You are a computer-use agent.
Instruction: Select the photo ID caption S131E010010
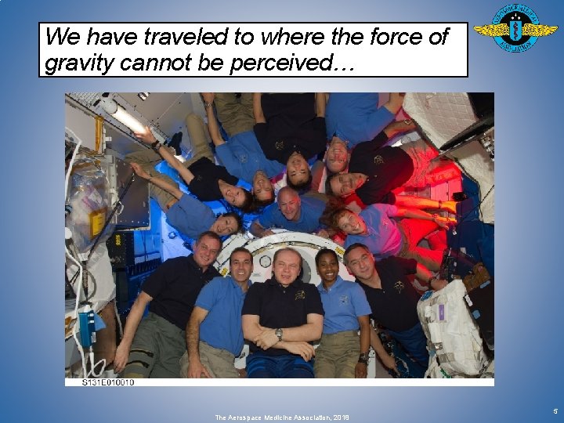pos(108,382)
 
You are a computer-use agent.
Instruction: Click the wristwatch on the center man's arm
pos(278,334)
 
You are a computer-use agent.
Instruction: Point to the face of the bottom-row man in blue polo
pos(241,265)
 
